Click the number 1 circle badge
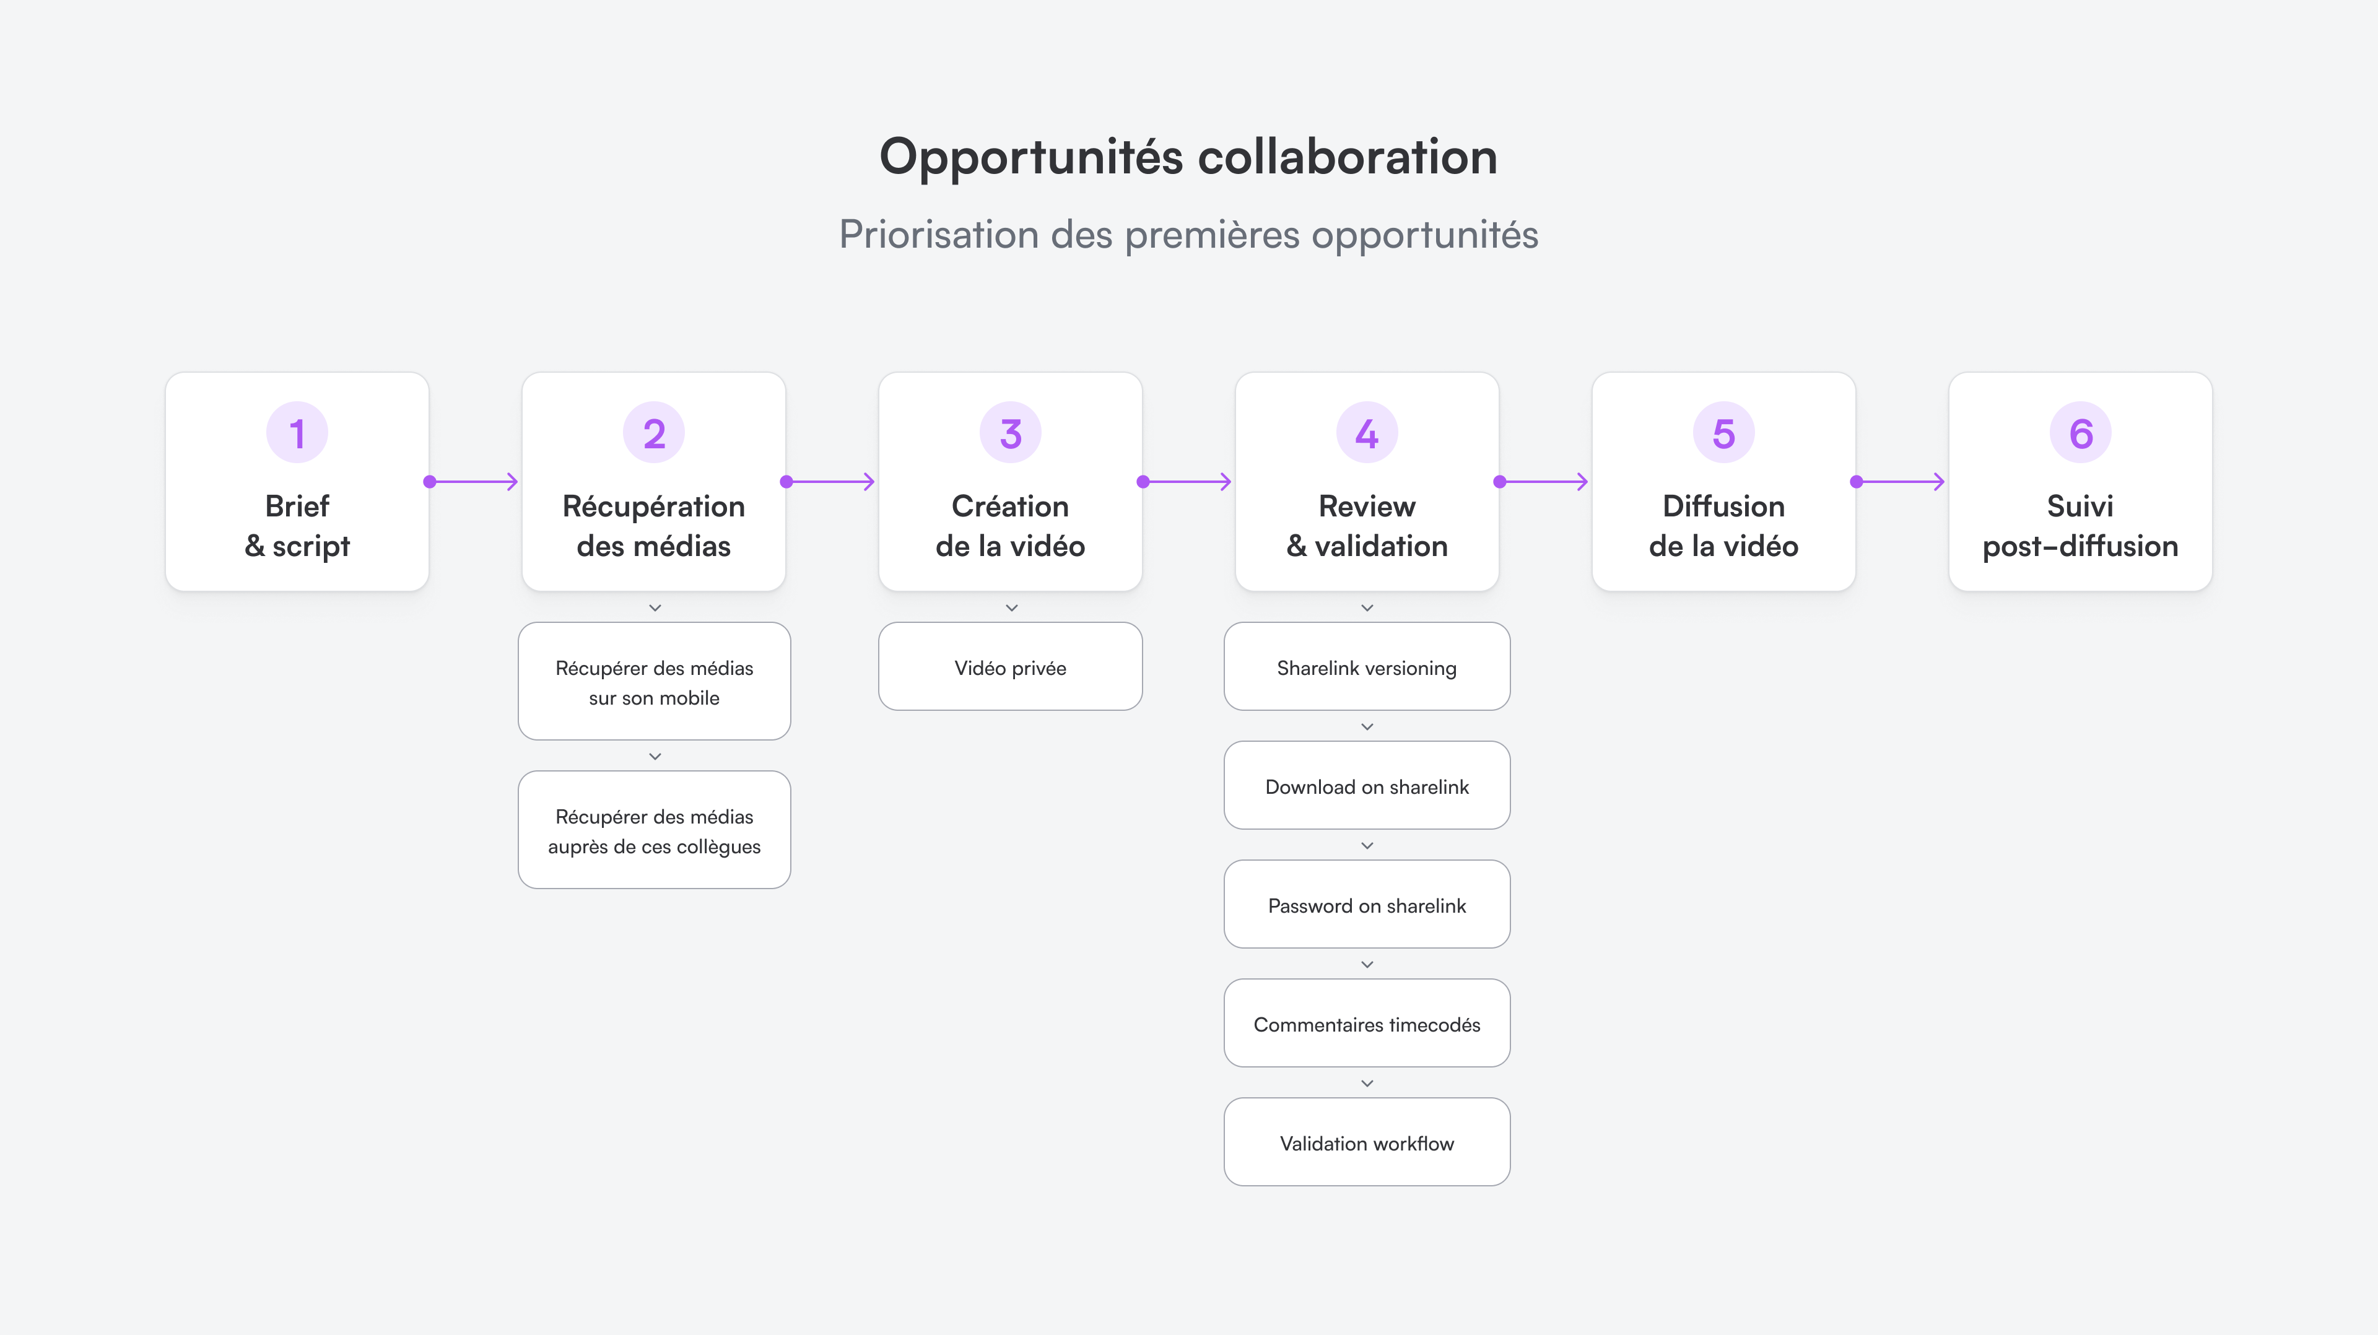(297, 433)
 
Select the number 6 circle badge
(2080, 433)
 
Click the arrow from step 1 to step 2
(473, 482)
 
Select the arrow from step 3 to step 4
(1187, 482)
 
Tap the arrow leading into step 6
(1901, 482)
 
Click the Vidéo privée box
(1010, 667)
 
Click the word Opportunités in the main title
(1030, 157)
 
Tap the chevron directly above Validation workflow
(1367, 1083)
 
